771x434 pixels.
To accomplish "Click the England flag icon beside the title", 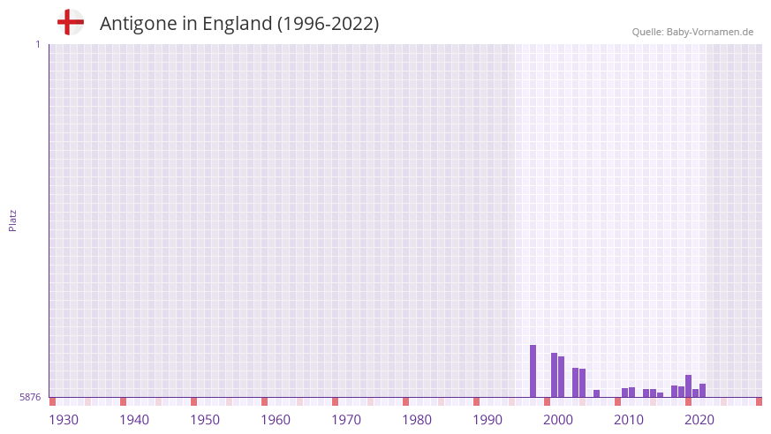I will [x=70, y=22].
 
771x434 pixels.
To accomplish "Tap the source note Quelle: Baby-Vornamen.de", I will [x=692, y=32].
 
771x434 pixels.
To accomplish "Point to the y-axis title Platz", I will [x=12, y=220].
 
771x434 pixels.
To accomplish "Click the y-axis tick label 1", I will [x=37, y=44].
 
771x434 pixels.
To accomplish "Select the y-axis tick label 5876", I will [x=30, y=397].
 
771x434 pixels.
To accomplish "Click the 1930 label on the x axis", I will [x=64, y=420].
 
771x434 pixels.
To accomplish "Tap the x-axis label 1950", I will [x=205, y=420].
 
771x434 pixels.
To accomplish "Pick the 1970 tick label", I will [x=346, y=420].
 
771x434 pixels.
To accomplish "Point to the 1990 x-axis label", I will [x=488, y=420].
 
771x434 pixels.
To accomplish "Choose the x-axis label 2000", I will [x=558, y=420].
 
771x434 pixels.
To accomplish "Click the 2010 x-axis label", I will [x=629, y=420].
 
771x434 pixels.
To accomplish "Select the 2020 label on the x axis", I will [x=699, y=420].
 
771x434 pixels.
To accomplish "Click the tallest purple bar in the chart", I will [x=533, y=370].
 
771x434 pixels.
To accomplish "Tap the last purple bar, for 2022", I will [x=702, y=390].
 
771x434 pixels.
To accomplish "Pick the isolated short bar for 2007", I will [x=596, y=393].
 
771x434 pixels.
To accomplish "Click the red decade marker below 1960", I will [x=264, y=401].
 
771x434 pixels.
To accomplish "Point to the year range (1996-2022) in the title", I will [x=328, y=24].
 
